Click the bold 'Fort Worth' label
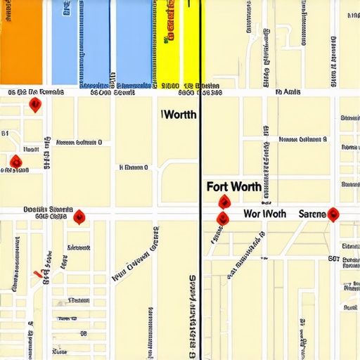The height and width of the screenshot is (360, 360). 234,187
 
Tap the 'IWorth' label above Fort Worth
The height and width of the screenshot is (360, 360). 179,115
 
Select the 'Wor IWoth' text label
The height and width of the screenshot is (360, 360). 264,213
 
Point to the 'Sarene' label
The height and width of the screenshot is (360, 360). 312,213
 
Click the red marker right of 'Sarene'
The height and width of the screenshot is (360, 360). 333,214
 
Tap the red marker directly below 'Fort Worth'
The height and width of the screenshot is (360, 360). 224,202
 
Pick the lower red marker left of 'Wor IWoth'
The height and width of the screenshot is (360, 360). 221,218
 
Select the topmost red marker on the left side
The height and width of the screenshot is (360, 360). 34,105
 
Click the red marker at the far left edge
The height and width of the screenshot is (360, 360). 15,163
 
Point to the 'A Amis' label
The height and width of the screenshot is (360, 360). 288,91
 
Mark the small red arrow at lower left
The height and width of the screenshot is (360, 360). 37,274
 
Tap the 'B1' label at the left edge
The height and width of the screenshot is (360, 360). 5,132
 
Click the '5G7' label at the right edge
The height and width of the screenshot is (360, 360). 334,259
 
